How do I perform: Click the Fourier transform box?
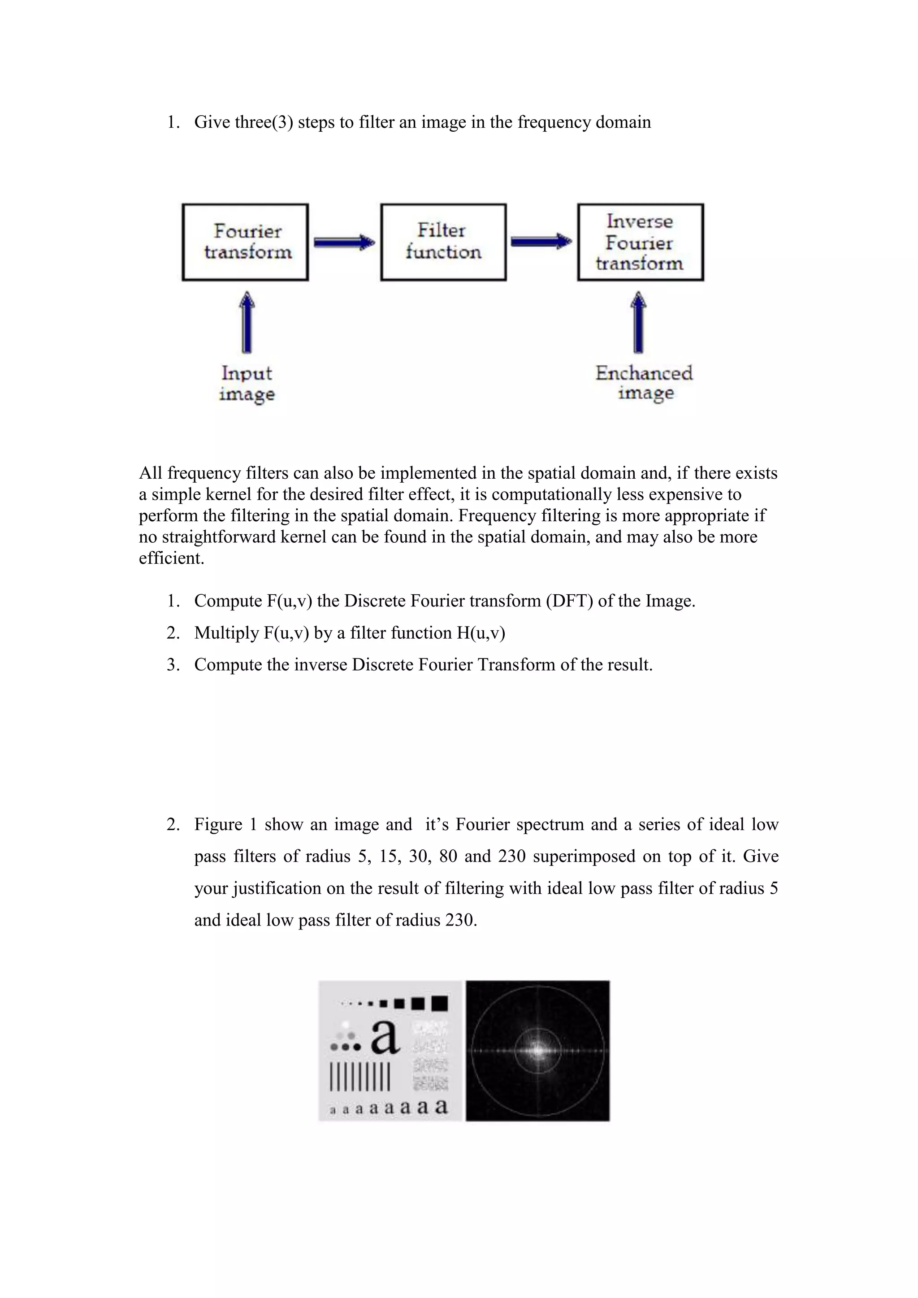coord(245,242)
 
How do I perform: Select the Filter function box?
coord(443,242)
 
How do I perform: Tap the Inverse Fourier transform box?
coord(640,242)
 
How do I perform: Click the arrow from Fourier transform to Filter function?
coord(344,242)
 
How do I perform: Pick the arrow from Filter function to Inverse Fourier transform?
coord(541,242)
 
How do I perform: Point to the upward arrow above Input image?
coord(247,322)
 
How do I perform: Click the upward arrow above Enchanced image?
coord(638,322)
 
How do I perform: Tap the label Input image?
coord(247,383)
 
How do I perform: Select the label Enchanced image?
coord(644,383)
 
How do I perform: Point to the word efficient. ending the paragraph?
coord(171,558)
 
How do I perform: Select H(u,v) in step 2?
coord(481,632)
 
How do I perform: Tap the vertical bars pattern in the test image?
coord(359,1077)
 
